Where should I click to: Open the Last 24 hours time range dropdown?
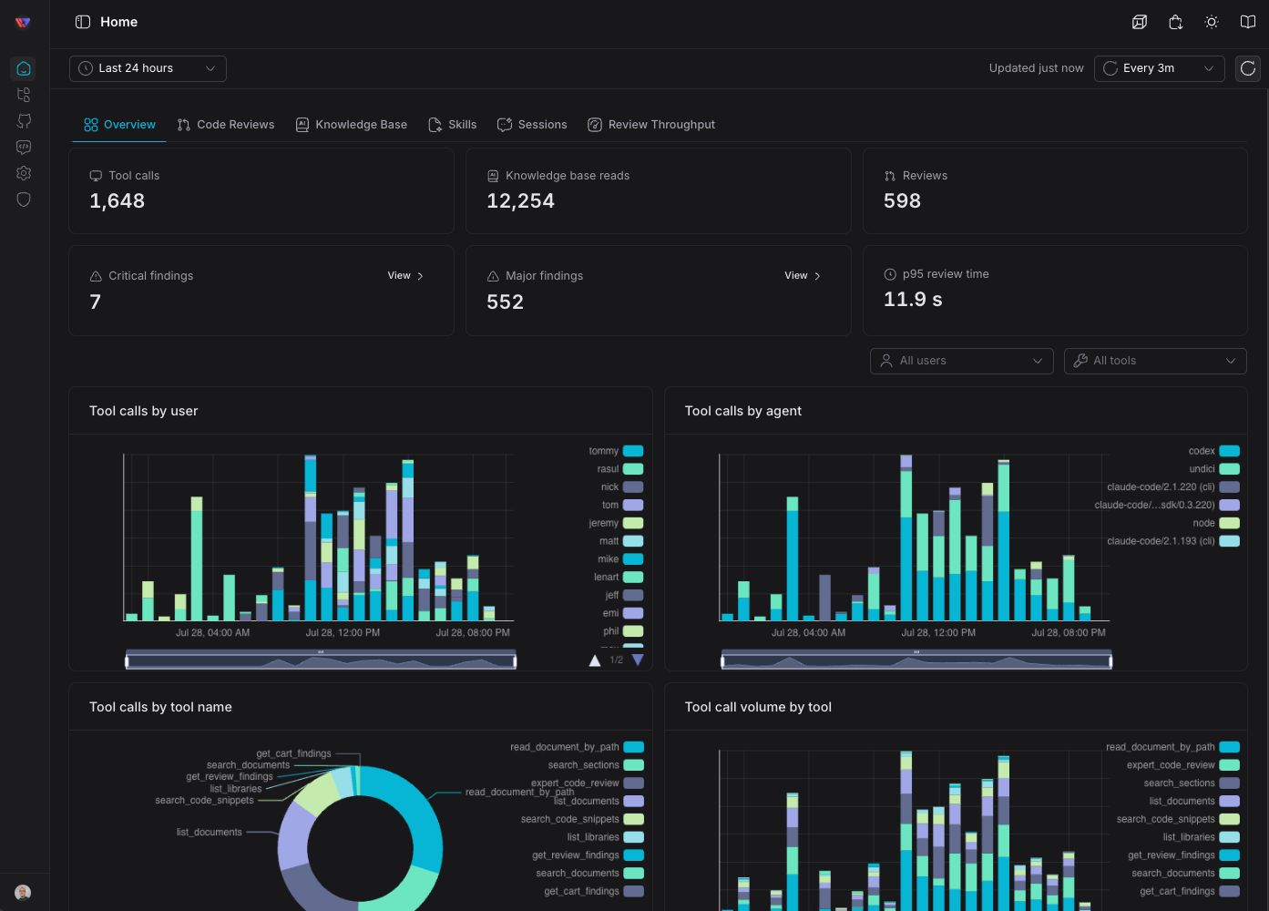148,68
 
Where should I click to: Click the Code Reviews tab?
226,125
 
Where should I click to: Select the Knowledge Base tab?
352,125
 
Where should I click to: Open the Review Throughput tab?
651,125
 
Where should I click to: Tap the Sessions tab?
532,125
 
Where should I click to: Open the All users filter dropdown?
961,361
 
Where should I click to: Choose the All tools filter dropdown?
1155,361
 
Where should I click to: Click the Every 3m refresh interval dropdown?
1159,68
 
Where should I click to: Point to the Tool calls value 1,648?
118,201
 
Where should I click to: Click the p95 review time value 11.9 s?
913,299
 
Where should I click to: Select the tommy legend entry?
616,451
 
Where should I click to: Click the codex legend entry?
1213,451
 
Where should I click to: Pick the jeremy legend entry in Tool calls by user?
616,523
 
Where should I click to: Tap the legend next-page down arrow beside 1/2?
638,660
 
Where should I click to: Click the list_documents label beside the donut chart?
209,833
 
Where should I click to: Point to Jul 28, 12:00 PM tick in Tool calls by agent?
938,633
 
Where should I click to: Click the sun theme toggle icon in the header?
1212,22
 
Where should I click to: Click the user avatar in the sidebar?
23,892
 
